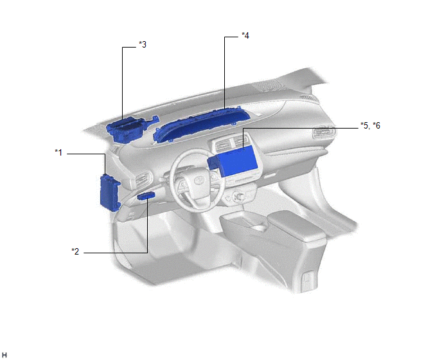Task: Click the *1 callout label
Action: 58,152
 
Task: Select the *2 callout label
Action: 75,251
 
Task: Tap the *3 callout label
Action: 143,44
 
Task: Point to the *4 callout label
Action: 245,35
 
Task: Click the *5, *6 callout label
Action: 371,125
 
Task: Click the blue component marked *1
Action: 110,193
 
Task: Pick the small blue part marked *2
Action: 146,195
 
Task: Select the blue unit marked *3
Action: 130,129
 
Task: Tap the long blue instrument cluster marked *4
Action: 202,125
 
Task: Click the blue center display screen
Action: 234,161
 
